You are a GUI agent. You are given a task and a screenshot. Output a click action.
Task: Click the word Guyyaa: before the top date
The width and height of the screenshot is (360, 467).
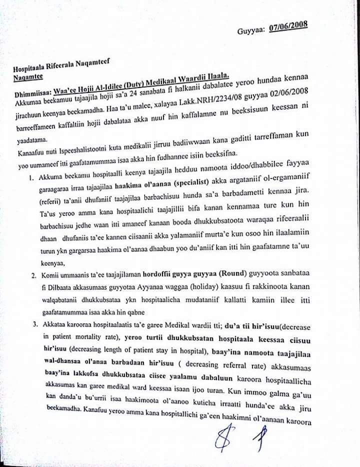(x=251, y=31)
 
